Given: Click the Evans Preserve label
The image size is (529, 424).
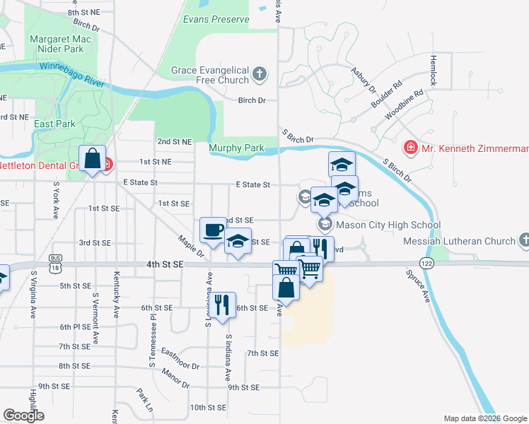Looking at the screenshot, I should tap(216, 20).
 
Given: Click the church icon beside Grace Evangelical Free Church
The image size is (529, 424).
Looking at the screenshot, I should tap(260, 73).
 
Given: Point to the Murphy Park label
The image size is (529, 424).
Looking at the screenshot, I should tap(236, 148).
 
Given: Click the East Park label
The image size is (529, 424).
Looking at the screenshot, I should tap(54, 124).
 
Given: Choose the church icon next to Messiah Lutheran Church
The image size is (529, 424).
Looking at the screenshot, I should tap(523, 241).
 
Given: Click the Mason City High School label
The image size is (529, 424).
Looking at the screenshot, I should tap(388, 225).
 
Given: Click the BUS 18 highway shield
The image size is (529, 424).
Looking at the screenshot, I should tap(56, 265).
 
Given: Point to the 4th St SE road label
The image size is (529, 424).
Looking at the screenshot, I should tap(165, 264).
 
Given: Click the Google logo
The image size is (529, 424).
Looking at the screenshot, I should tap(23, 415).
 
